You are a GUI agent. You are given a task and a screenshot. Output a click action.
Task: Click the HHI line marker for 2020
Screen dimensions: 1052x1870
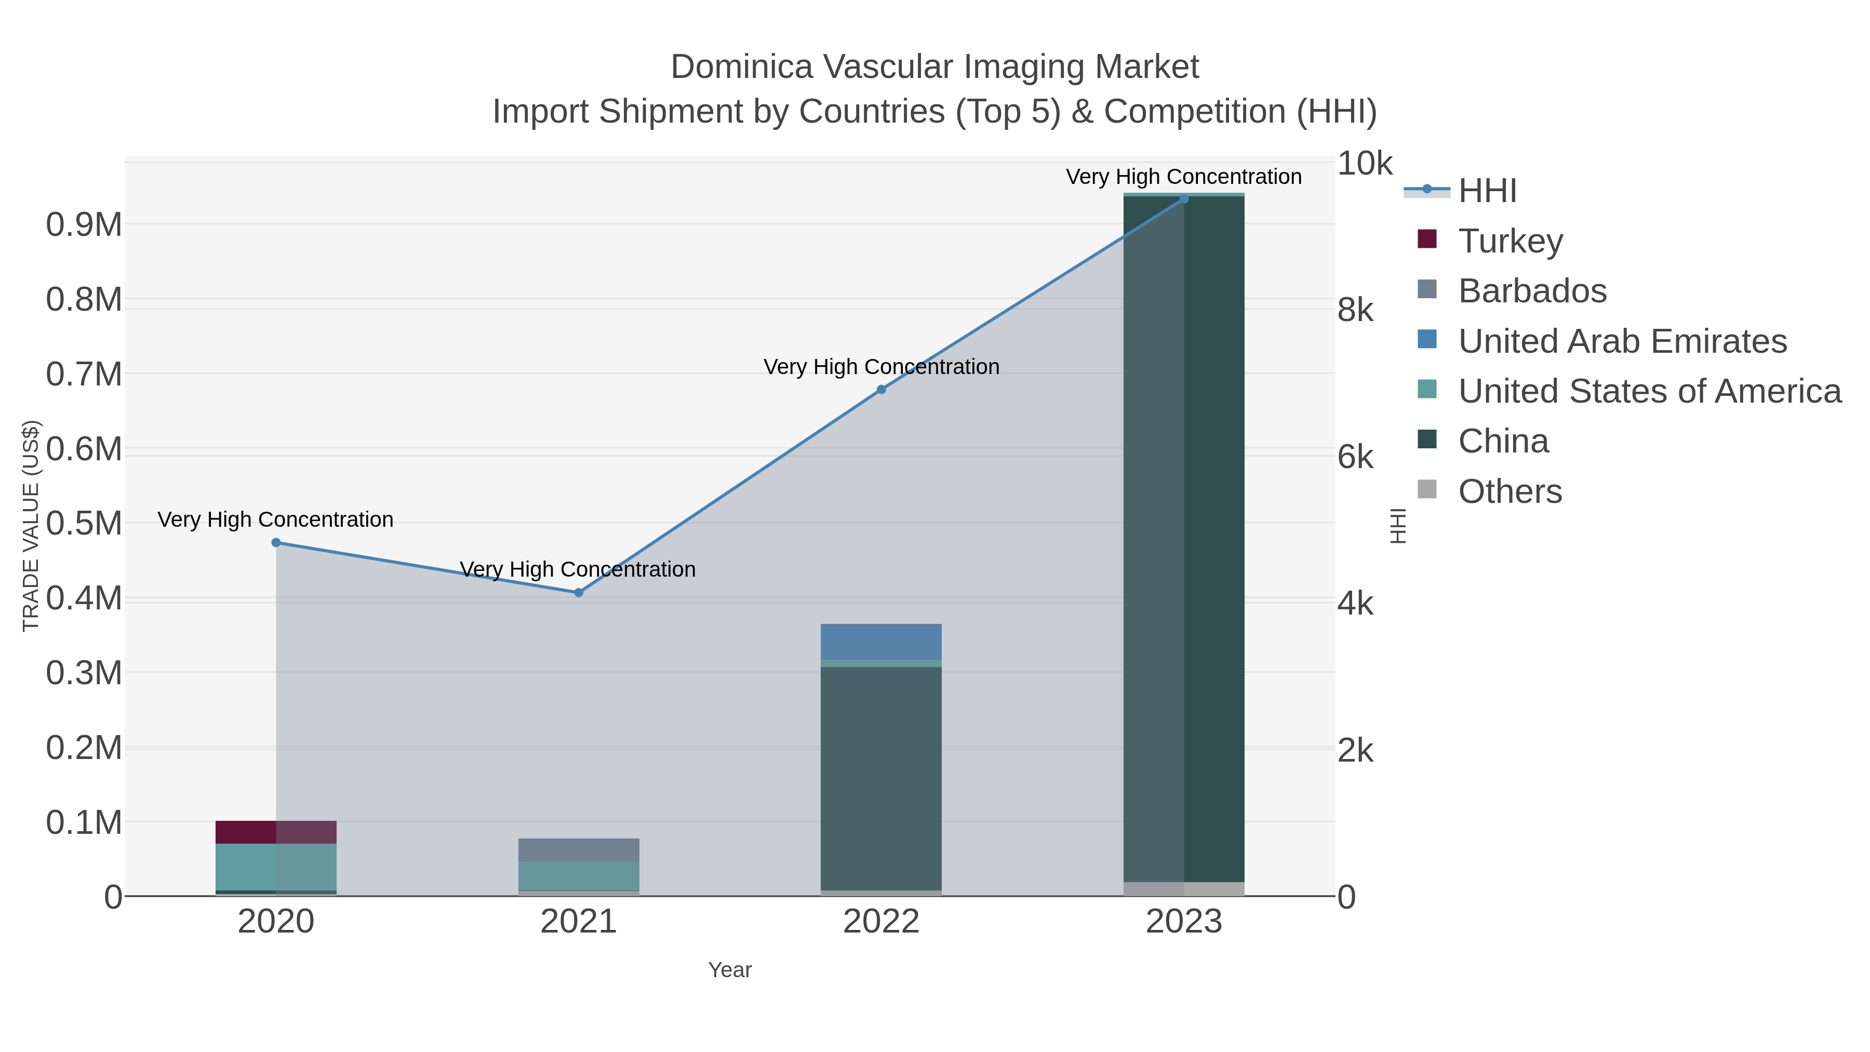pyautogui.click(x=276, y=542)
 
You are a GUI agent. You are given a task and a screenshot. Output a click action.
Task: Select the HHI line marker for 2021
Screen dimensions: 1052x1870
pyautogui.click(x=579, y=592)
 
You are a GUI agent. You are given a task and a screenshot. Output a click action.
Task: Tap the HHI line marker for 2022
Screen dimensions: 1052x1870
pyautogui.click(x=881, y=389)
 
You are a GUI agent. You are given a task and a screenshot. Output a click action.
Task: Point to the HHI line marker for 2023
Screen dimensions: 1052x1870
pyautogui.click(x=1184, y=198)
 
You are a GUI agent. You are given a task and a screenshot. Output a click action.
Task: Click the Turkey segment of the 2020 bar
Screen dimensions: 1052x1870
pyautogui.click(x=276, y=832)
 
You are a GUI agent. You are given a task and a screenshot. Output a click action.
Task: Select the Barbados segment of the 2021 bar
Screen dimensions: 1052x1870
pyautogui.click(x=579, y=849)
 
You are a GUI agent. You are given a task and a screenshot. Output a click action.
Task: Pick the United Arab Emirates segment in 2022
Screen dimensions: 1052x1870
pyautogui.click(x=881, y=641)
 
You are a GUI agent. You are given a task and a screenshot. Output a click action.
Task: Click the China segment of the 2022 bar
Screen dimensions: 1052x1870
pyautogui.click(x=881, y=777)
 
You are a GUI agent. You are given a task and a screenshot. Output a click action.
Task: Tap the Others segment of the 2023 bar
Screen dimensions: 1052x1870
pyautogui.click(x=1184, y=889)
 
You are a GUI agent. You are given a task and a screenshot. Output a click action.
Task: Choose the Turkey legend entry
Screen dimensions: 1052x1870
pyautogui.click(x=1510, y=241)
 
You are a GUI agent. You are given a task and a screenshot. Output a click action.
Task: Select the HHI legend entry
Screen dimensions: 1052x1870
pyautogui.click(x=1487, y=191)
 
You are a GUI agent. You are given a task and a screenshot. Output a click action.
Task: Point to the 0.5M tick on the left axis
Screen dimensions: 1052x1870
pyautogui.click(x=84, y=524)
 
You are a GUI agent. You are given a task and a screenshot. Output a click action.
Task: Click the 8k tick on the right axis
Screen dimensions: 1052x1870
pyautogui.click(x=1355, y=310)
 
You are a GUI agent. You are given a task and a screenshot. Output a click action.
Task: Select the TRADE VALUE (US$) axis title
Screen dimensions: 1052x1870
pyautogui.click(x=31, y=526)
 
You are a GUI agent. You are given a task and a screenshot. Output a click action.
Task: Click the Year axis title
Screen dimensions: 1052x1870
pyautogui.click(x=730, y=970)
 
